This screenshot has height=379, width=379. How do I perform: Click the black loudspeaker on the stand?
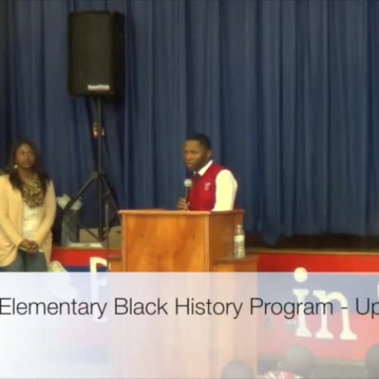[96, 53]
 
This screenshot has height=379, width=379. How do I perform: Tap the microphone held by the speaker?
[187, 186]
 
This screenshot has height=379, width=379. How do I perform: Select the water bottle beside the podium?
[239, 242]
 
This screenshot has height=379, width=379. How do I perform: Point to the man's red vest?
[206, 189]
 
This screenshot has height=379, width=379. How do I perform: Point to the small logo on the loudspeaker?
[98, 87]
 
